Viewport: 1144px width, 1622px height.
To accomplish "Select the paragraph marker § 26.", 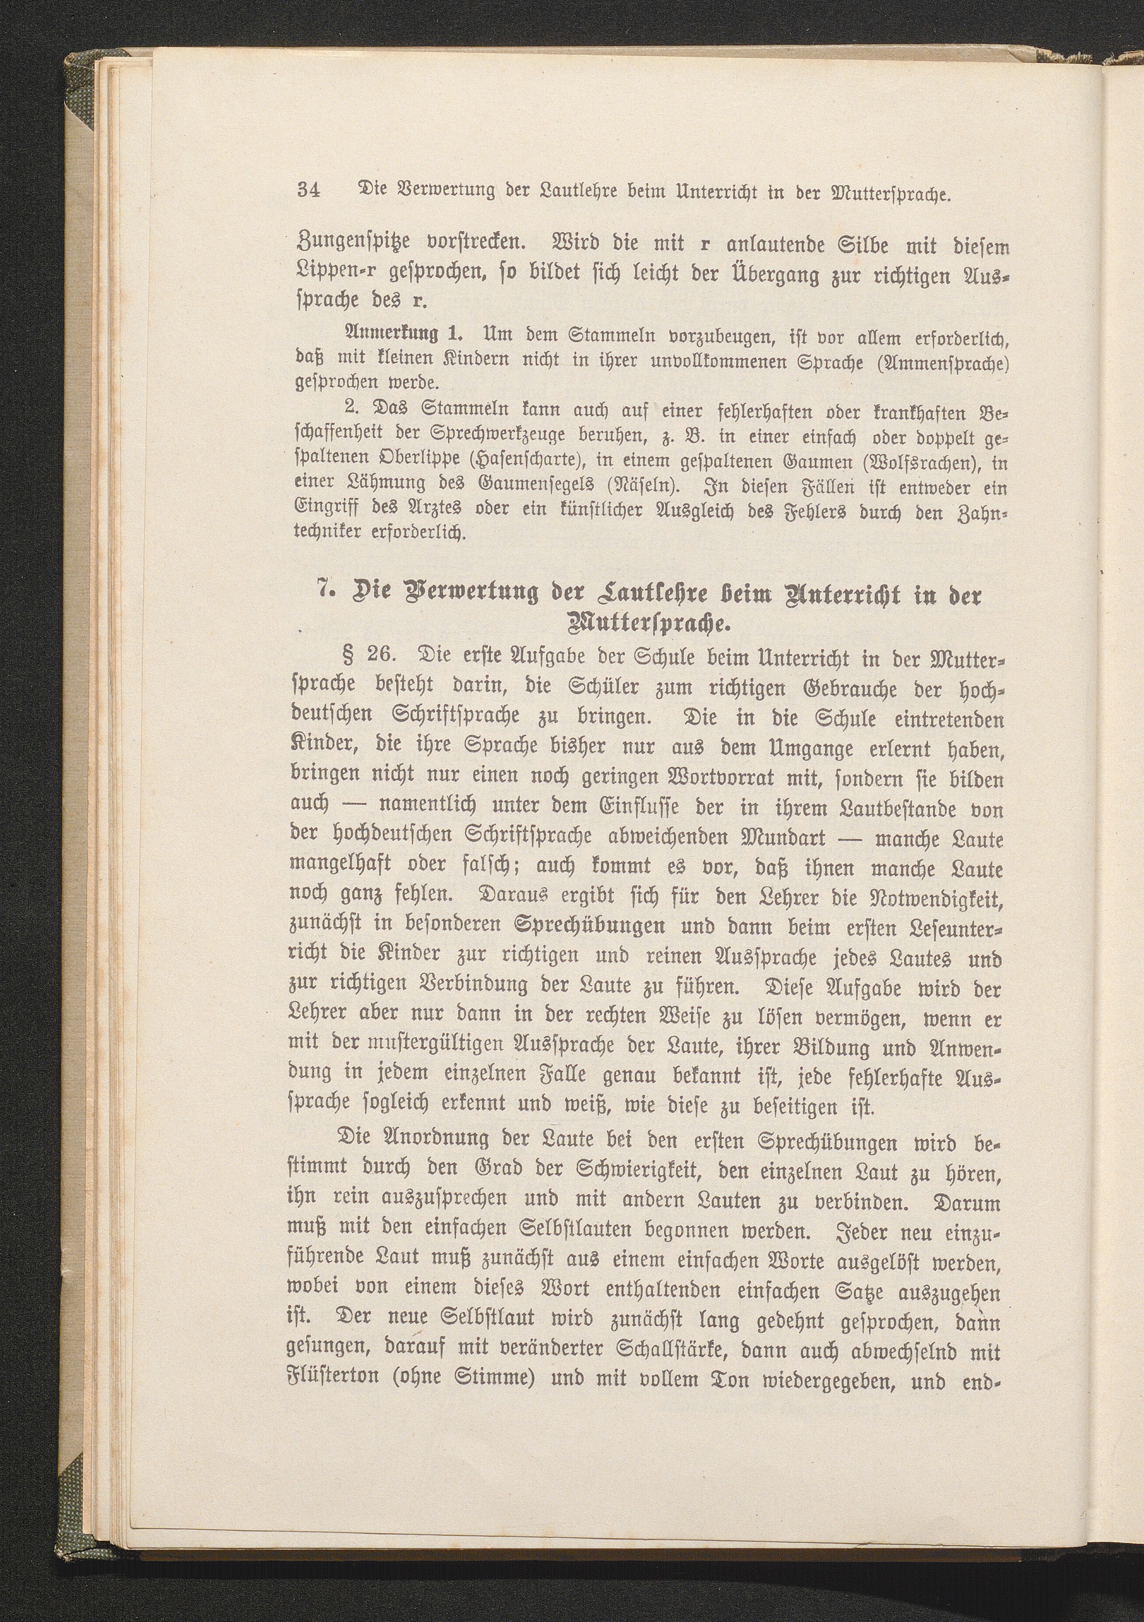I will click(x=372, y=654).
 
